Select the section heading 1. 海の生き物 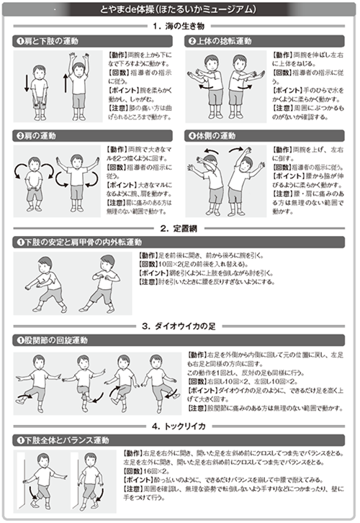tap(179, 26)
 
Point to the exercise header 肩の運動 tap(39, 135)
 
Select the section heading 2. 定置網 tap(179, 228)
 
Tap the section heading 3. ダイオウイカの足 tap(179, 326)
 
